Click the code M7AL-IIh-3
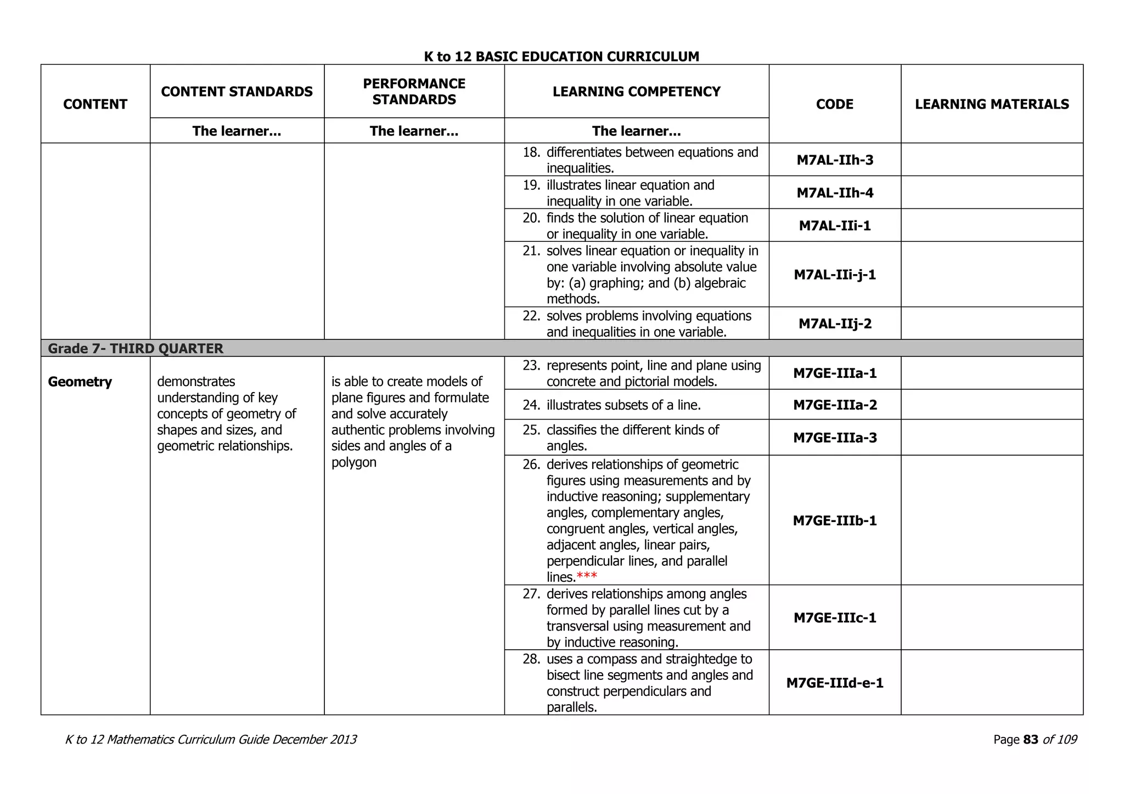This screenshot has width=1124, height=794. coord(835,160)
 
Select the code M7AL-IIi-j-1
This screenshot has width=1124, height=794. coord(835,275)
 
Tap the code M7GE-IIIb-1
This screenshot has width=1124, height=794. coord(835,520)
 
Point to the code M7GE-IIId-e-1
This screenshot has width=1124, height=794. coord(835,683)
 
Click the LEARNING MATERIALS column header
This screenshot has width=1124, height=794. coord(992,104)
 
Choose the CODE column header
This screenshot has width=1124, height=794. coord(834,104)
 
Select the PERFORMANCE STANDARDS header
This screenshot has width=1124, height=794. coord(414,92)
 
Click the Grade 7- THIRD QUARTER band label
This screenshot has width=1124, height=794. coord(136,349)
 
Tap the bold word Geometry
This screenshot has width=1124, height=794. coord(80,382)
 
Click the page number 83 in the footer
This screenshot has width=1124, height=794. coord(1031,740)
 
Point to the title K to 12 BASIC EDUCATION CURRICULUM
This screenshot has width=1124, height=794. coord(561,56)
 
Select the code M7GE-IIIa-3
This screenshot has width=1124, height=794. coord(835,438)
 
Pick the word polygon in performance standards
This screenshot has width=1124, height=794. coord(354,462)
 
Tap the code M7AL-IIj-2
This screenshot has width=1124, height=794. coord(835,324)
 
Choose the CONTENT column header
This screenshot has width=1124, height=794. coord(95,104)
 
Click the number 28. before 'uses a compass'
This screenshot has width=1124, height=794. coord(531,659)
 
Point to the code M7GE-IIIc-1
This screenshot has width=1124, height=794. coord(835,618)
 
